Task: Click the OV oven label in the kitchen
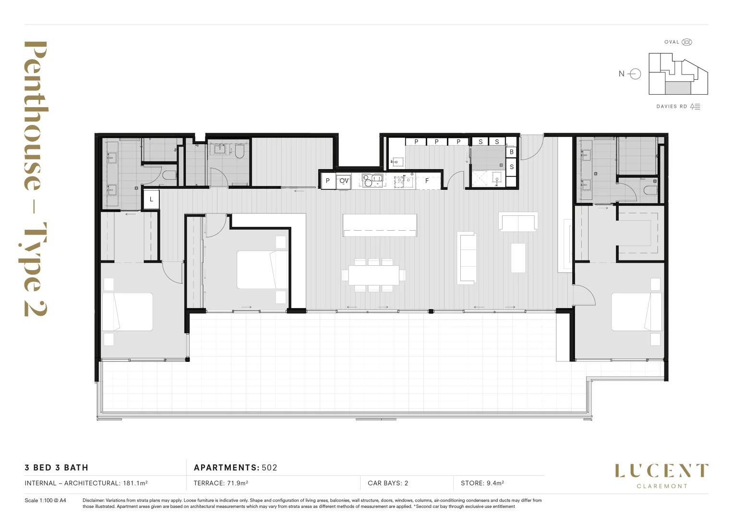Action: [344, 181]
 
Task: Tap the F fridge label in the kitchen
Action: [427, 181]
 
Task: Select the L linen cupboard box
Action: [151, 199]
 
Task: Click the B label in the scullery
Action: [511, 152]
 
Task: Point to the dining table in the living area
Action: [373, 275]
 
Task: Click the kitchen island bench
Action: [379, 225]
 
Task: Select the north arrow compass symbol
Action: [635, 74]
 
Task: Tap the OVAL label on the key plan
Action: [672, 42]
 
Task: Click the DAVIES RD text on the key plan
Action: [672, 107]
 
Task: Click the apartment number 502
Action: [269, 468]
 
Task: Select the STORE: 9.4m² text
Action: [482, 483]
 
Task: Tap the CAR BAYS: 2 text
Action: [387, 483]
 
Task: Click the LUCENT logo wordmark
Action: [661, 471]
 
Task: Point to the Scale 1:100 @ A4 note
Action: [45, 500]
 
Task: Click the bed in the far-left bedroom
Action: [127, 312]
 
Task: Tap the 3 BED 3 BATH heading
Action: [57, 468]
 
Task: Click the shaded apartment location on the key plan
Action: [677, 87]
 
